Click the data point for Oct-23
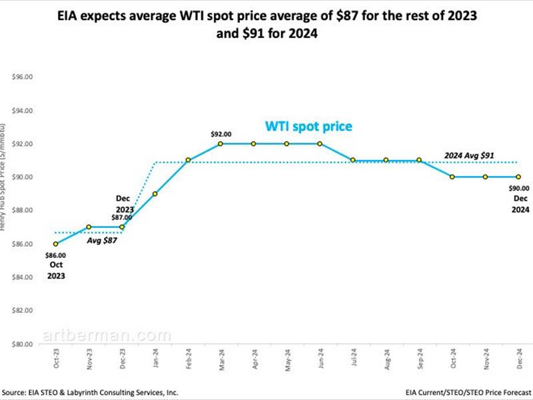(x=55, y=244)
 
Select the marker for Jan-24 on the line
(x=155, y=194)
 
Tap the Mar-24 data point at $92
(x=221, y=143)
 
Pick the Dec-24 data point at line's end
(x=518, y=177)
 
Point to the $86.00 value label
(x=56, y=255)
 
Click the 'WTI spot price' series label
(x=308, y=125)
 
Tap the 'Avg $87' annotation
(x=101, y=241)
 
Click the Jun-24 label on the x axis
(x=319, y=361)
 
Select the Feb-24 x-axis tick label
(x=187, y=361)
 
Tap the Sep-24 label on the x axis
(x=418, y=361)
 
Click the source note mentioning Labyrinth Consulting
(x=90, y=393)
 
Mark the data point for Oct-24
(x=452, y=177)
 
